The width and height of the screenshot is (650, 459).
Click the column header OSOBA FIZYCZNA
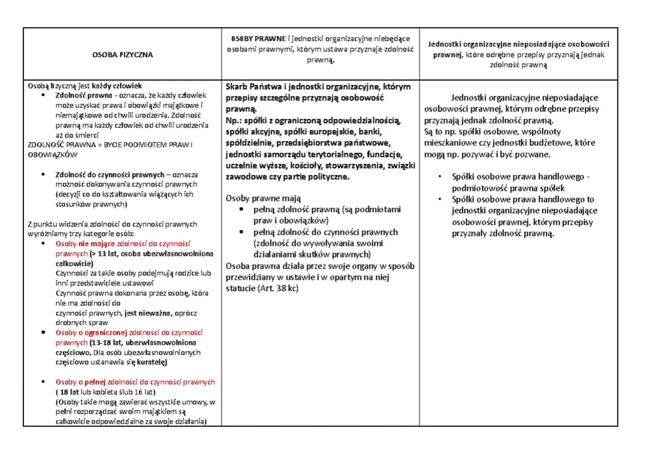(122, 55)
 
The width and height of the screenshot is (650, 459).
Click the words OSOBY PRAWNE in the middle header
(258, 38)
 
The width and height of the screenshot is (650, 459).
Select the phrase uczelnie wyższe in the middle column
(252, 166)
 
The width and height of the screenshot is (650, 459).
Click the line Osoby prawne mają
(263, 198)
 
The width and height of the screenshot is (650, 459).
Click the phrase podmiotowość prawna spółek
(508, 188)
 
